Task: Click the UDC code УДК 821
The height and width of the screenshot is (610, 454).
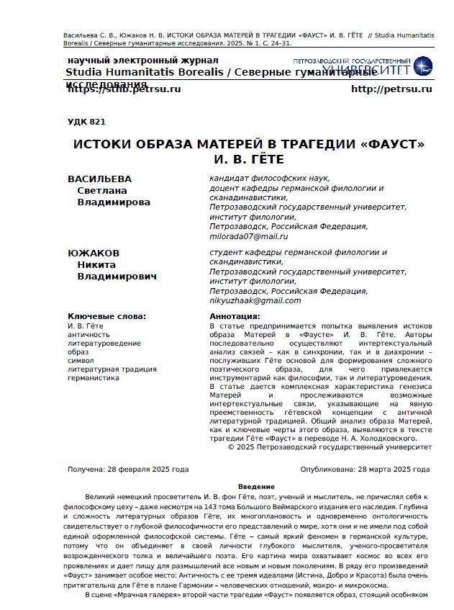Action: [x=86, y=122]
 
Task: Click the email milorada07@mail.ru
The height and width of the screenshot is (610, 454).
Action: [x=248, y=236]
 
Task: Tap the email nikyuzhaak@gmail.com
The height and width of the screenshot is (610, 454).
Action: [x=255, y=300]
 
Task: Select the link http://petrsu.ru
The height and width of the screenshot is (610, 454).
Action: [x=391, y=89]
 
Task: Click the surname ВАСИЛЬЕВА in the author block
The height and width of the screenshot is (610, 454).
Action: [x=99, y=179]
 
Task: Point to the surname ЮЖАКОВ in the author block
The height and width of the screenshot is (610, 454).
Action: [x=94, y=253]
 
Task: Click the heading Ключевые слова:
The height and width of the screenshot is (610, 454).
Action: [x=106, y=316]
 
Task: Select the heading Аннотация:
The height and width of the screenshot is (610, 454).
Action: [x=235, y=316]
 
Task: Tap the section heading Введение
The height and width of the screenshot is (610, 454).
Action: [x=256, y=487]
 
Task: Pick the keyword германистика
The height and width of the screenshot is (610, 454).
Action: [x=93, y=377]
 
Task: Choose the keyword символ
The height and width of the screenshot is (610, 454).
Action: [x=81, y=360]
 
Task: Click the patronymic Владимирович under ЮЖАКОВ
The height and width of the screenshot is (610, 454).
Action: [x=117, y=276]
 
